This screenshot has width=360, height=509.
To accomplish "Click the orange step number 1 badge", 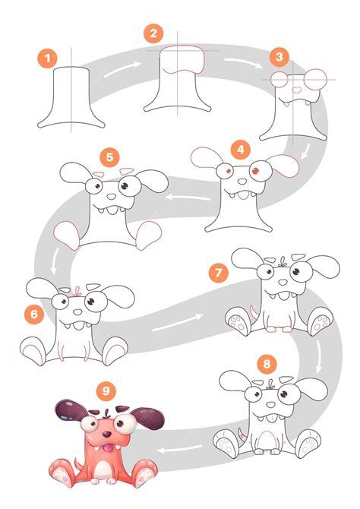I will point(48,57).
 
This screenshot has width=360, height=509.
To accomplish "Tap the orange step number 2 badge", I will point(153,33).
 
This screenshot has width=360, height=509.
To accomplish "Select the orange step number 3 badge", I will point(280,56).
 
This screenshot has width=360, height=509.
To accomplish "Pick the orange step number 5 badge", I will point(110,157).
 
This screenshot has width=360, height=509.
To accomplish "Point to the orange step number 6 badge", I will point(31,312).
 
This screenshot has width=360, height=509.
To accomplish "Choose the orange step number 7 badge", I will point(218,270).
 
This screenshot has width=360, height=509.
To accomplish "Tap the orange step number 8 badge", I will point(265,363).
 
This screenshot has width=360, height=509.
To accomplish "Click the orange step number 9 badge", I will point(106,390).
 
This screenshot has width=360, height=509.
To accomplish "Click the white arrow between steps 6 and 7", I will point(173,326).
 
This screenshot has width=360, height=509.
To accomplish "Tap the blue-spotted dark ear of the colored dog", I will point(67,413).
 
